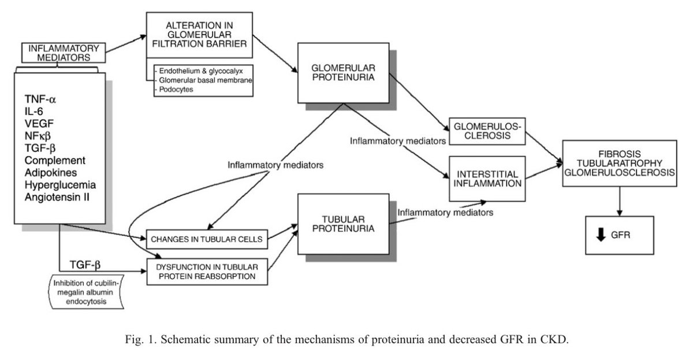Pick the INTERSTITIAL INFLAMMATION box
(486, 179)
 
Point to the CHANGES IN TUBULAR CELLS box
(206, 238)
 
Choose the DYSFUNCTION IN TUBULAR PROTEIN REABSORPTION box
(206, 272)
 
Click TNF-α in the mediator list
(40, 99)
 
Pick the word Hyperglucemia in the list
(60, 185)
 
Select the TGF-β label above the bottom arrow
(85, 265)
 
